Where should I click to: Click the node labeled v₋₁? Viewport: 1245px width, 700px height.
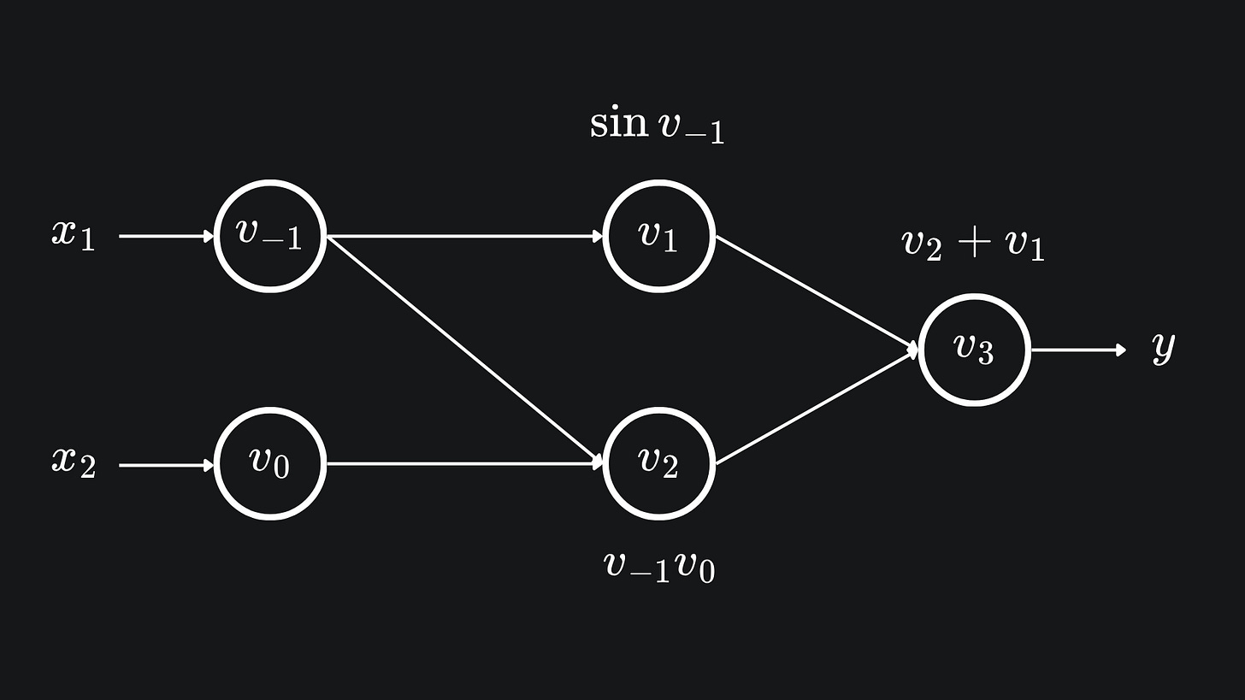[269, 236]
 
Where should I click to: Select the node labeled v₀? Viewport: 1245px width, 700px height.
[269, 464]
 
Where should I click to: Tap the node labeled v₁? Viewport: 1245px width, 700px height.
[658, 236]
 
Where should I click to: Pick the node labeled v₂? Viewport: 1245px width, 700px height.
[658, 464]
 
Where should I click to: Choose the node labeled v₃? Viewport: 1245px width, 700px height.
[974, 350]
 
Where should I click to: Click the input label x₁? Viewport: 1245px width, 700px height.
[74, 234]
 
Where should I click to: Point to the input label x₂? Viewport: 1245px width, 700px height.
[74, 462]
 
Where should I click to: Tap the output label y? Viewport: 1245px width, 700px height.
[1163, 347]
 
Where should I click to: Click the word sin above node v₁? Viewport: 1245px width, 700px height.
[618, 123]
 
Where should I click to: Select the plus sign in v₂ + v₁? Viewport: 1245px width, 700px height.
[973, 244]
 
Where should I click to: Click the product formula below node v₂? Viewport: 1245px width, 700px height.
[659, 567]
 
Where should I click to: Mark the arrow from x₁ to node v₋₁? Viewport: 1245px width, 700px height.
[165, 236]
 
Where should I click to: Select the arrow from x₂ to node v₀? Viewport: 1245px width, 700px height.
[165, 465]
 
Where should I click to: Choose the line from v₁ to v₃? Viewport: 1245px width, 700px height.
[816, 292]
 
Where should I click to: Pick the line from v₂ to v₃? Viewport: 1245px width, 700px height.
[816, 407]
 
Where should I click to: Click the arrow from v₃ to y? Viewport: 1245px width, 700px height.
[1078, 350]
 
